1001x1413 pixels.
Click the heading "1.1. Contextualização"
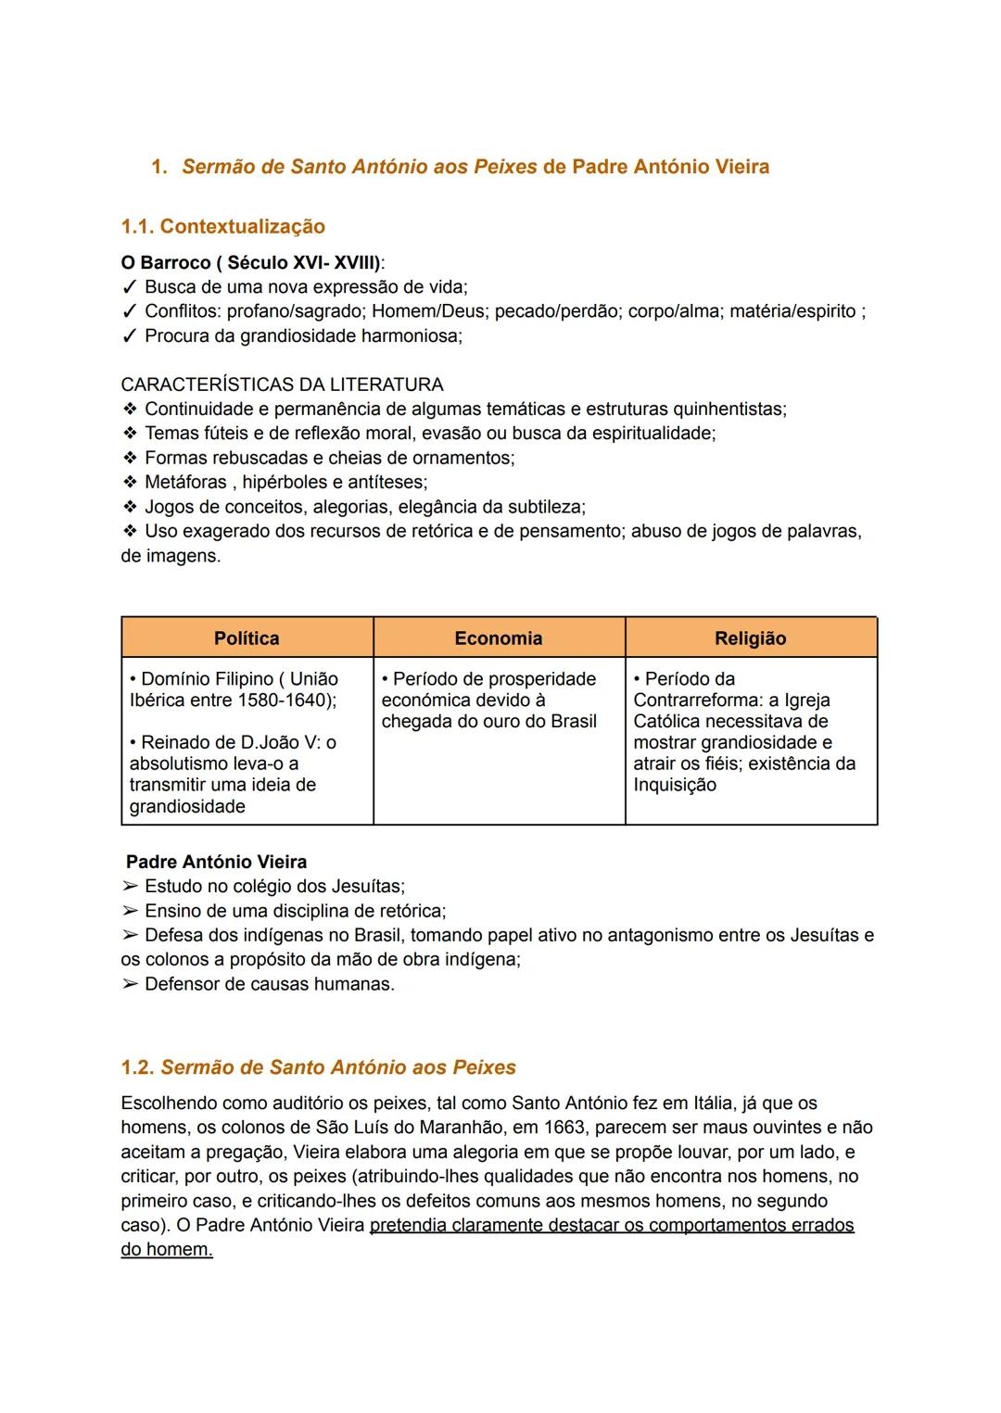pos(222,226)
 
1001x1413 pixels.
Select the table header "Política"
pos(247,638)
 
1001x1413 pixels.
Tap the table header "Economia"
pos(499,638)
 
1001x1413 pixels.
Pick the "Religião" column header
pos(750,638)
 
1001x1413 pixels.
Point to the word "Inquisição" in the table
pos(675,785)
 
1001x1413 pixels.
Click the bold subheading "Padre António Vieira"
pos(216,862)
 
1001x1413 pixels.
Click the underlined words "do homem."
pos(167,1249)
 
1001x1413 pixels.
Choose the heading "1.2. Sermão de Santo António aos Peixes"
pos(318,1067)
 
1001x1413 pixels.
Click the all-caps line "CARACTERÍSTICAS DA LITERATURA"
pos(282,385)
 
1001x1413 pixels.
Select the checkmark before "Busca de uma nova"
pos(129,287)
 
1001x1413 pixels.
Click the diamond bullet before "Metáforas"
pos(129,483)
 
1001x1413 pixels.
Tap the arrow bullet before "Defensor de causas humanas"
pos(129,984)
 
